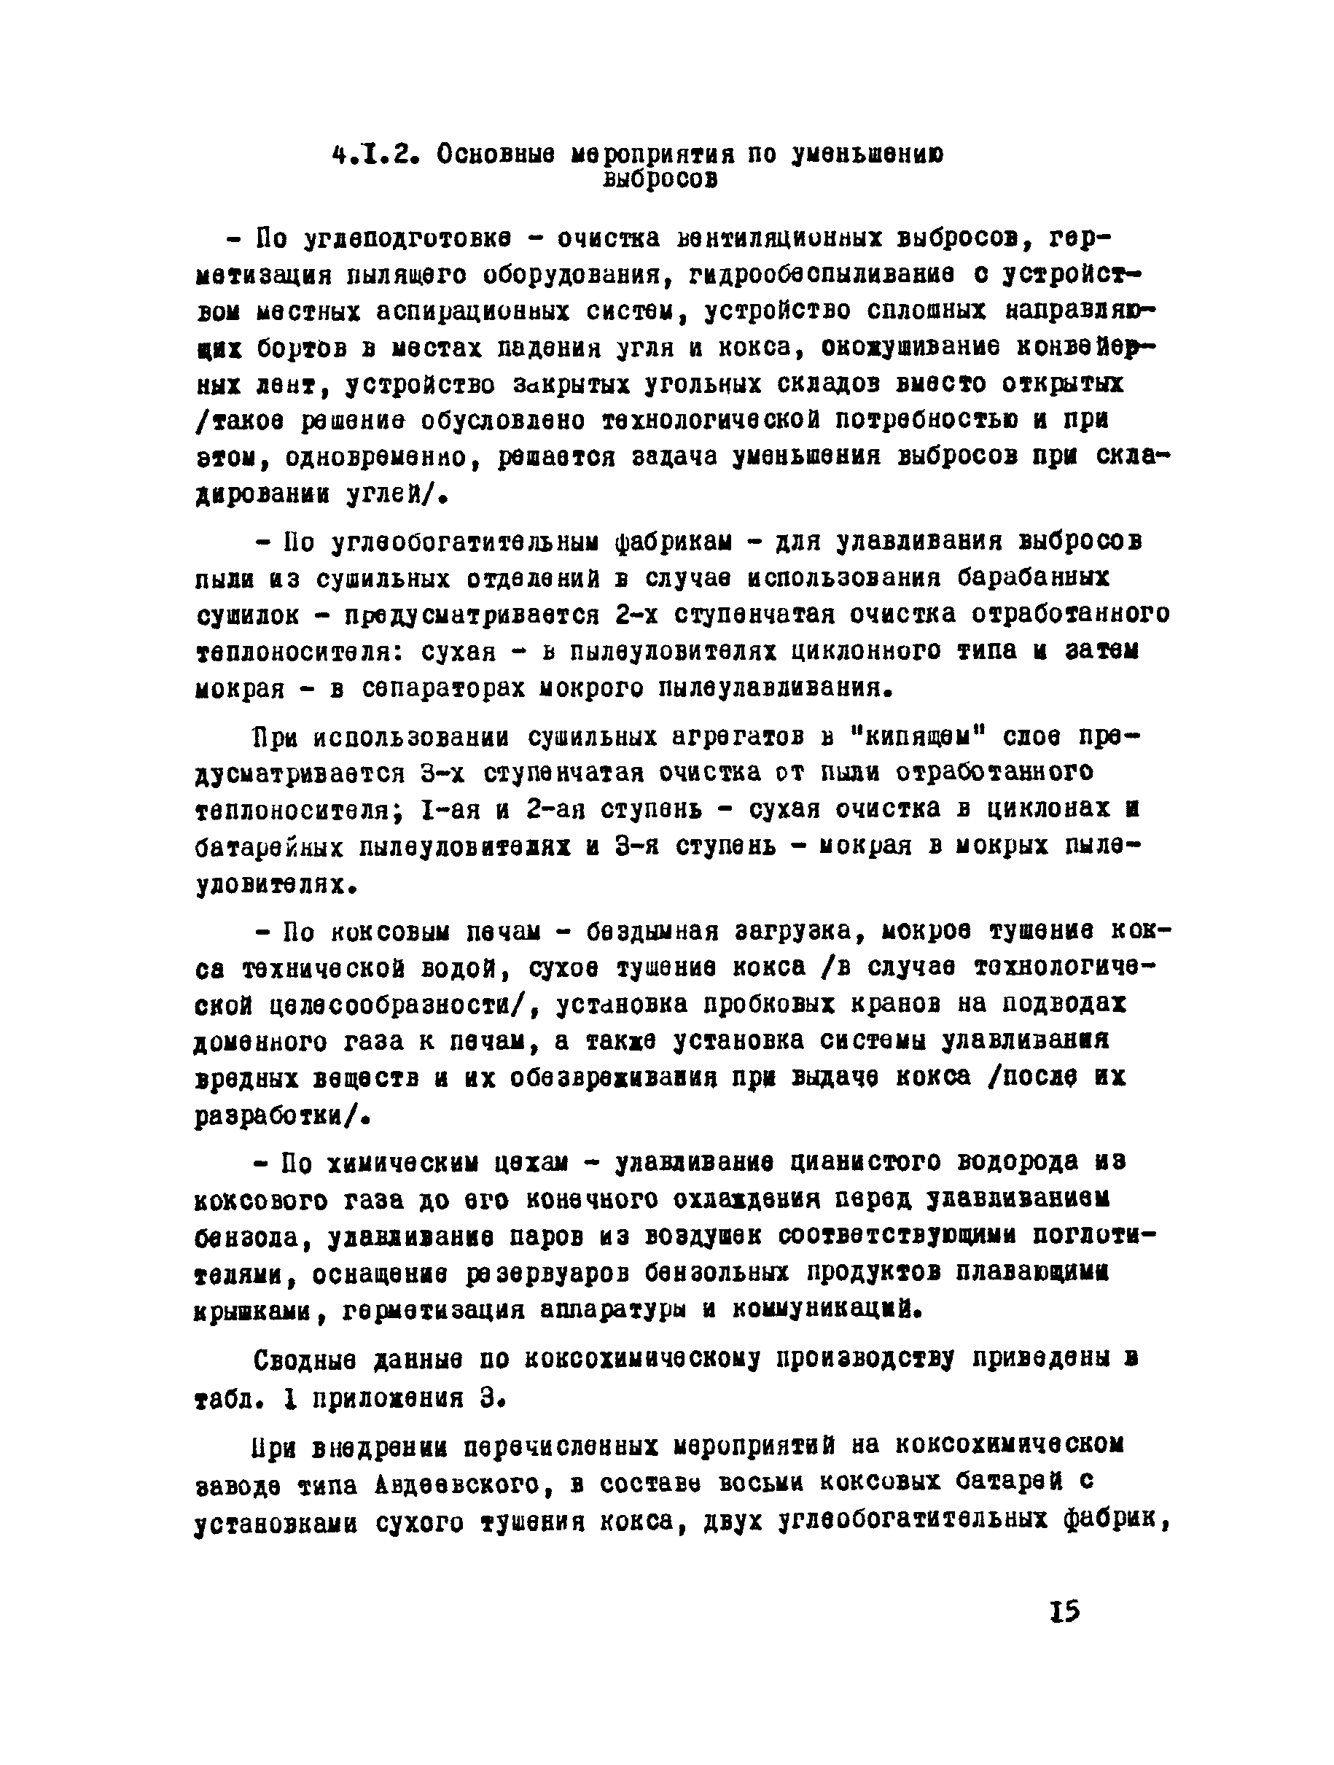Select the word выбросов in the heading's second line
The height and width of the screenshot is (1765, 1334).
tap(660, 180)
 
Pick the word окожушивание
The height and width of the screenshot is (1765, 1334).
tap(910, 348)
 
